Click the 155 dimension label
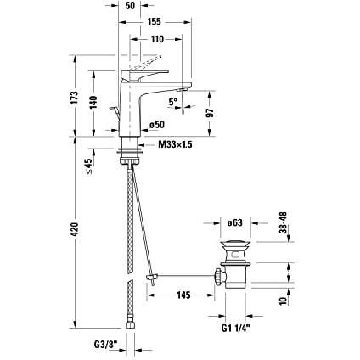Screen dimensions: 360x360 click(155, 21)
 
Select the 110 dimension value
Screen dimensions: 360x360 click(157, 39)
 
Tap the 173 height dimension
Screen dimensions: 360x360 click(74, 98)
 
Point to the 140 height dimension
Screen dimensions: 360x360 click(93, 103)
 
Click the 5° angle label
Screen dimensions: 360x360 click(172, 102)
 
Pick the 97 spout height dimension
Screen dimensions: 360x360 click(210, 113)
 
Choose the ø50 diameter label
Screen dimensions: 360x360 click(157, 124)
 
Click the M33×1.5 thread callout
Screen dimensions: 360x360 click(175, 144)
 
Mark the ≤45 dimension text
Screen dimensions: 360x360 click(88, 166)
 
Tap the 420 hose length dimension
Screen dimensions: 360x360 click(74, 229)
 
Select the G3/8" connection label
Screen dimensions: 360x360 click(105, 345)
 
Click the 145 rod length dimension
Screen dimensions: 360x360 click(183, 295)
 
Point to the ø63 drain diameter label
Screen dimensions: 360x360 click(235, 222)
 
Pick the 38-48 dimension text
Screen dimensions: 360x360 click(283, 222)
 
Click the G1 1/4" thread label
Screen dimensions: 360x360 click(236, 329)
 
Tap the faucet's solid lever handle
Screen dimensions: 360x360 click(144, 75)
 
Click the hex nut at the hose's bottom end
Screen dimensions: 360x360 click(130, 324)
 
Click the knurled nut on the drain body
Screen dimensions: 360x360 click(218, 276)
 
